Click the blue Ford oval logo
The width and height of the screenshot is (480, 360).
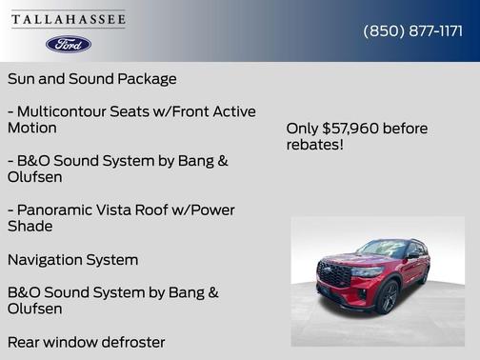[69, 44]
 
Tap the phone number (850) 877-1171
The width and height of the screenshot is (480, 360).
[412, 30]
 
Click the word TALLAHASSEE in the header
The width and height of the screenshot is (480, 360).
[69, 19]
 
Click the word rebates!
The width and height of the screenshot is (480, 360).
[315, 145]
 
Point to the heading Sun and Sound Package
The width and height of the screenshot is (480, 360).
[91, 78]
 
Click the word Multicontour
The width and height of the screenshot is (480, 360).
[68, 111]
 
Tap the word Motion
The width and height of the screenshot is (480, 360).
[32, 128]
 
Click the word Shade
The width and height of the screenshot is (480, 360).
[32, 227]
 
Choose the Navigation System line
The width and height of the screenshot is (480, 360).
[72, 259]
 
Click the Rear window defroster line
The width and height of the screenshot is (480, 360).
[86, 341]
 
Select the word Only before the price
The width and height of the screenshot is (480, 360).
[303, 128]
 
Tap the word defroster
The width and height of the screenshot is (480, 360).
[129, 341]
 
